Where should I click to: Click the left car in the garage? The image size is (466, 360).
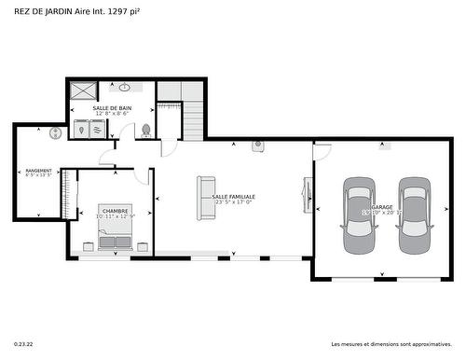click(358, 215)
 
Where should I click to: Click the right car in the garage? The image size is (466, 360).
click(412, 215)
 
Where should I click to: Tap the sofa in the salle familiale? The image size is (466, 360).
click(205, 197)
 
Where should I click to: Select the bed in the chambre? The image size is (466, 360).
click(116, 228)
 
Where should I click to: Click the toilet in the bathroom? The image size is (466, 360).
click(146, 131)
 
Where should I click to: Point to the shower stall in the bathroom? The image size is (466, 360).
click(83, 91)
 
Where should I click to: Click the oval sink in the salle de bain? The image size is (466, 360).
click(125, 88)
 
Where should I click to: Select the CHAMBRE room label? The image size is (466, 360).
click(116, 211)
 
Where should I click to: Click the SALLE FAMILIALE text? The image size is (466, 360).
click(234, 197)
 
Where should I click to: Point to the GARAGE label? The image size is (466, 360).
click(382, 207)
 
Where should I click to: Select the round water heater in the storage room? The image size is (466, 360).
click(55, 132)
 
